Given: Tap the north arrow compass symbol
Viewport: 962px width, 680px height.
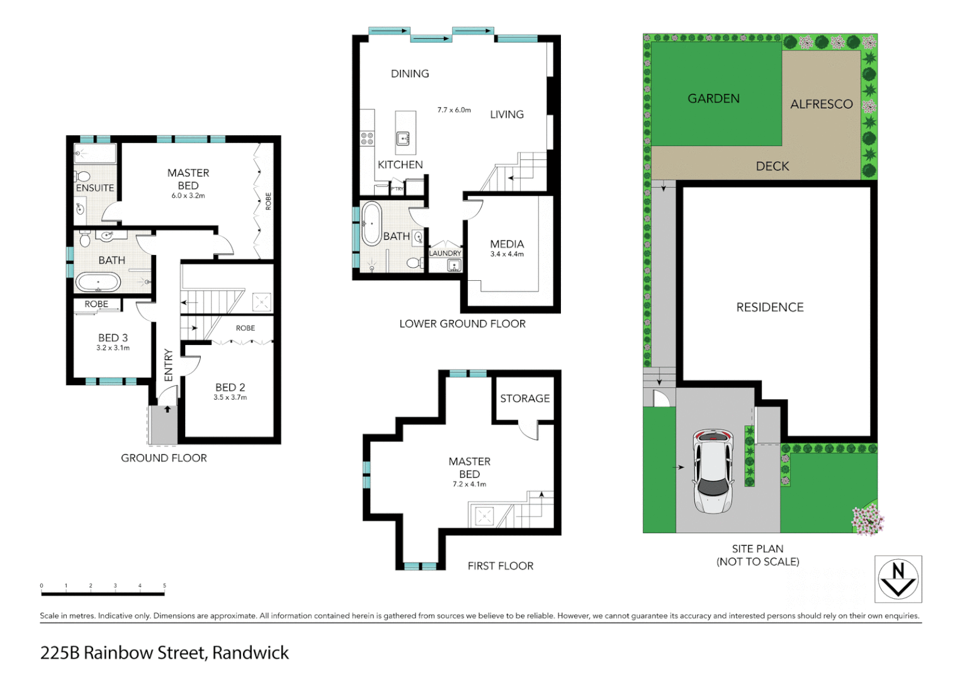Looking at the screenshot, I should (x=898, y=579).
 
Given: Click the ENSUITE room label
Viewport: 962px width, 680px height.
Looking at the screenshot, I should (x=95, y=188).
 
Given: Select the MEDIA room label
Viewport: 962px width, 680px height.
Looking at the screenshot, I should (x=507, y=244).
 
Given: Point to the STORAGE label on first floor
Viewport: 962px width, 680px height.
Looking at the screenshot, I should (x=524, y=399).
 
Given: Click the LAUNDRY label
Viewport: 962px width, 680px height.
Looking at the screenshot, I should (x=445, y=253).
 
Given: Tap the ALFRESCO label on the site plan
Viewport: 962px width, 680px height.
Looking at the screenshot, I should (x=821, y=105).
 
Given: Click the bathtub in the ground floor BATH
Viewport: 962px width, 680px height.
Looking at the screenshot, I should (x=98, y=282).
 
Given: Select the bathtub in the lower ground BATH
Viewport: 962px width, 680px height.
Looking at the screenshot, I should (x=371, y=224).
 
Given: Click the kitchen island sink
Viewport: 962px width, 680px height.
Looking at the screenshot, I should (x=404, y=139).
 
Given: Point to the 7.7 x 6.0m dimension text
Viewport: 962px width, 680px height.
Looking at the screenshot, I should (x=454, y=110).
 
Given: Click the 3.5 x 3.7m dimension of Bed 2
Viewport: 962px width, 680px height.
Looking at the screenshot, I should (x=230, y=397).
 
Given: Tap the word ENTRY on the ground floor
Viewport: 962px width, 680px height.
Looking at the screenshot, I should (x=168, y=365).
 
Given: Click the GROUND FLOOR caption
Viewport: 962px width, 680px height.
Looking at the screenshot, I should (x=164, y=458).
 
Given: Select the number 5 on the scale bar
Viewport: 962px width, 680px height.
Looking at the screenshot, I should (x=164, y=586).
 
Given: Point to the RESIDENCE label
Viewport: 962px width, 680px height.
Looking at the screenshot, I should (x=769, y=307).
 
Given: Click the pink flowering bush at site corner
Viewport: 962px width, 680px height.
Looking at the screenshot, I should (x=868, y=520).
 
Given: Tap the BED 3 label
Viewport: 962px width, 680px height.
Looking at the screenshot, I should (x=113, y=338).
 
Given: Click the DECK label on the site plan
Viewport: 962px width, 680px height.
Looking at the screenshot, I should (x=772, y=166).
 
